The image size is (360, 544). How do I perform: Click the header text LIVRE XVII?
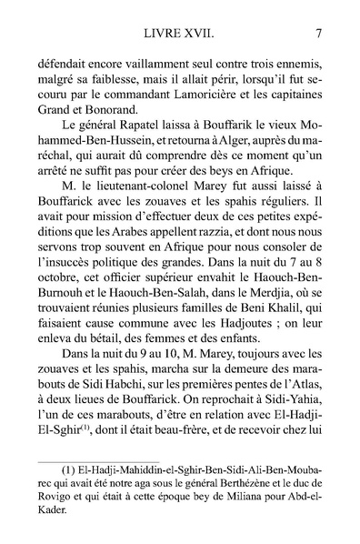[180, 35]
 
